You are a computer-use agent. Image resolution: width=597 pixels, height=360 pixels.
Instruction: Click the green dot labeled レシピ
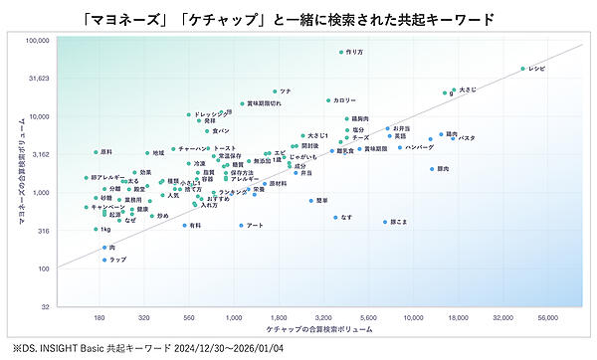pos(522,69)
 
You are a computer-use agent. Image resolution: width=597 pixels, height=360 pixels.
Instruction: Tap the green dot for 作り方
pos(341,52)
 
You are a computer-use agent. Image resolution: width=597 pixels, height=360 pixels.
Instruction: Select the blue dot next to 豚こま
pos(385,222)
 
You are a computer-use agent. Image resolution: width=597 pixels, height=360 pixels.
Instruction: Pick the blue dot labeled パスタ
pos(453,138)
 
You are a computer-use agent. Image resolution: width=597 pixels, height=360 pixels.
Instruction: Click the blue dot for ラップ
pos(104,260)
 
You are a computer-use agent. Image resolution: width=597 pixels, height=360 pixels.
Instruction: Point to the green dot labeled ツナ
pos(276,91)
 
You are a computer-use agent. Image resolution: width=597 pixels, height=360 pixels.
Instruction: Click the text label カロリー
pos(344,100)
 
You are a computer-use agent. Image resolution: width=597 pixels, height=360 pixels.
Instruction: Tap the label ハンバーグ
pos(420,147)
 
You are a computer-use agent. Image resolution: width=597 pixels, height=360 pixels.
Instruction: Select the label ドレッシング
pos(212,114)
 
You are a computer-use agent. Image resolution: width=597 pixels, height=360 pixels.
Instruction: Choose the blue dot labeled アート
pos(241,226)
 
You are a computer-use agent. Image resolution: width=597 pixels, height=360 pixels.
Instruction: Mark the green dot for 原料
pos(96,152)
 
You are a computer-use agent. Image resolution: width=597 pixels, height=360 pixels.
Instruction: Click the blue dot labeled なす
pos(335,217)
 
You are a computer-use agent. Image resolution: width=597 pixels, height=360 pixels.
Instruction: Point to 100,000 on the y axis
pos(38,41)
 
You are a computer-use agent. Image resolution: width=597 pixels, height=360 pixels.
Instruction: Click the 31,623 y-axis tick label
pos(39,79)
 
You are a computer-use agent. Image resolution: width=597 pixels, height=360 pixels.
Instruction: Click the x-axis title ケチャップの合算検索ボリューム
pos(320,329)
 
